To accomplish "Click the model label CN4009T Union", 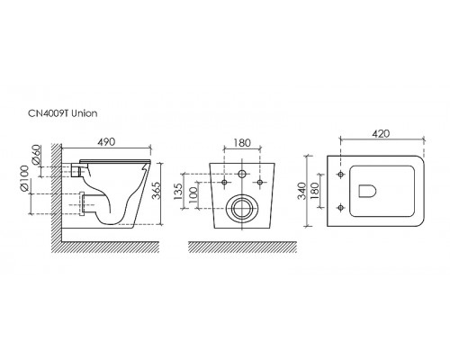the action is pos(63,113).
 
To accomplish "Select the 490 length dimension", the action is pos(107,142).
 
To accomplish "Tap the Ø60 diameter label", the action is pos(36,155).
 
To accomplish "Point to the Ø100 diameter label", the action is pos(24,178).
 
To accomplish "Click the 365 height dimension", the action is pos(156,191).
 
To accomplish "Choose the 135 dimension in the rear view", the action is pos(177,191).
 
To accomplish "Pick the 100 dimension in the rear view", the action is pos(193,193).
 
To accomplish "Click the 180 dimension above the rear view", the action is pos(242,143).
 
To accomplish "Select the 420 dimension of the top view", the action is pos(381,133).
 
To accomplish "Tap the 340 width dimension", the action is pos(301,191).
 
